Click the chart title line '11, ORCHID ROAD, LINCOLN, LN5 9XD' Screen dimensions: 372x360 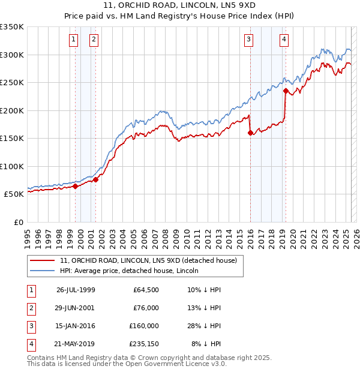[180, 7]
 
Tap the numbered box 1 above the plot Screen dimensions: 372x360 [73, 40]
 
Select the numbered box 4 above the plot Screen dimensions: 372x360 [283, 40]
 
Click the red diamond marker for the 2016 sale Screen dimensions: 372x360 [250, 133]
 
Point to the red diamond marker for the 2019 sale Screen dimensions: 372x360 [286, 92]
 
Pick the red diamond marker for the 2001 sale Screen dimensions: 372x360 [95, 179]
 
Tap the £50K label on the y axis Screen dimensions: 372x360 [14, 194]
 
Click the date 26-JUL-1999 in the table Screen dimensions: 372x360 [76, 290]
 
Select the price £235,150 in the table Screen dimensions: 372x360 [144, 344]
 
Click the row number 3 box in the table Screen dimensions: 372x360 [30, 326]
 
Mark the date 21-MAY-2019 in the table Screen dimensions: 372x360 [76, 344]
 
